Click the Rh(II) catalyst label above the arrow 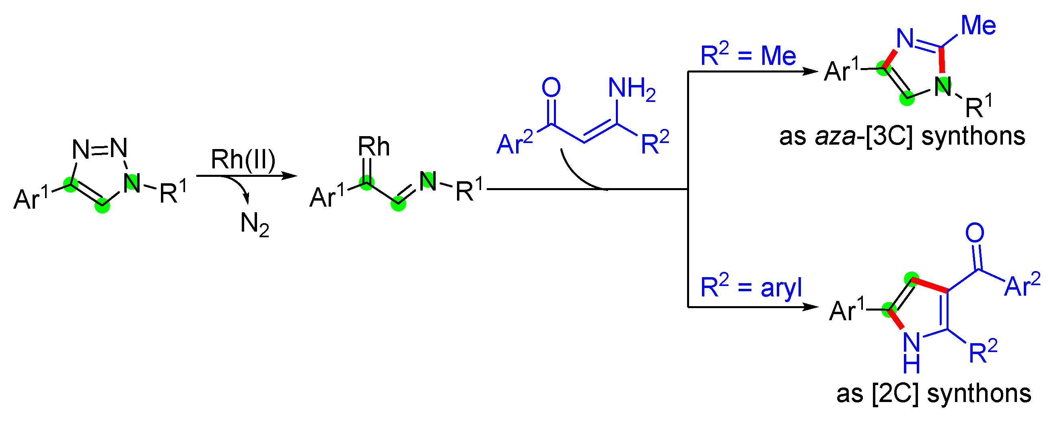coord(243,160)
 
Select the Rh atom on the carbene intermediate coord(373,147)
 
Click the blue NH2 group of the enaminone coord(631,89)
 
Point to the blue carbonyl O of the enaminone coord(551,87)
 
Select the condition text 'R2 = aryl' coord(751,287)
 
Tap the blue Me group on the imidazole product coord(978,25)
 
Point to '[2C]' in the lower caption coord(895,394)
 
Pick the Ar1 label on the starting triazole coord(31,198)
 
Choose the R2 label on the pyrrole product coord(983,351)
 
